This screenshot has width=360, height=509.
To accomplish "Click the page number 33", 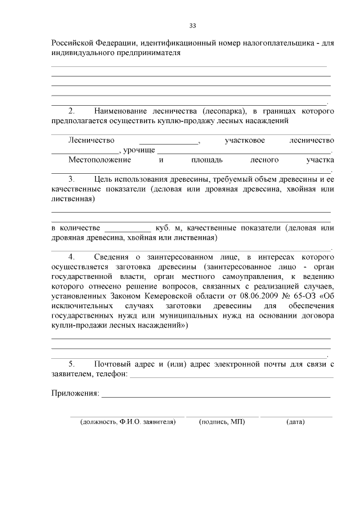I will (x=192, y=26).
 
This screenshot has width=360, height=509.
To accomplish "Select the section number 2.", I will (x=71, y=110).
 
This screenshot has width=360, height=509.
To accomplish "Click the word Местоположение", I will (x=100, y=160).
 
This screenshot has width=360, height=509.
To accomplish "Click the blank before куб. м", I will (x=128, y=228).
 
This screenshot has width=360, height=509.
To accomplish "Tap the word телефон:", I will (x=111, y=373).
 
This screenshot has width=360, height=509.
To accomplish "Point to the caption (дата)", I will (x=295, y=421).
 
